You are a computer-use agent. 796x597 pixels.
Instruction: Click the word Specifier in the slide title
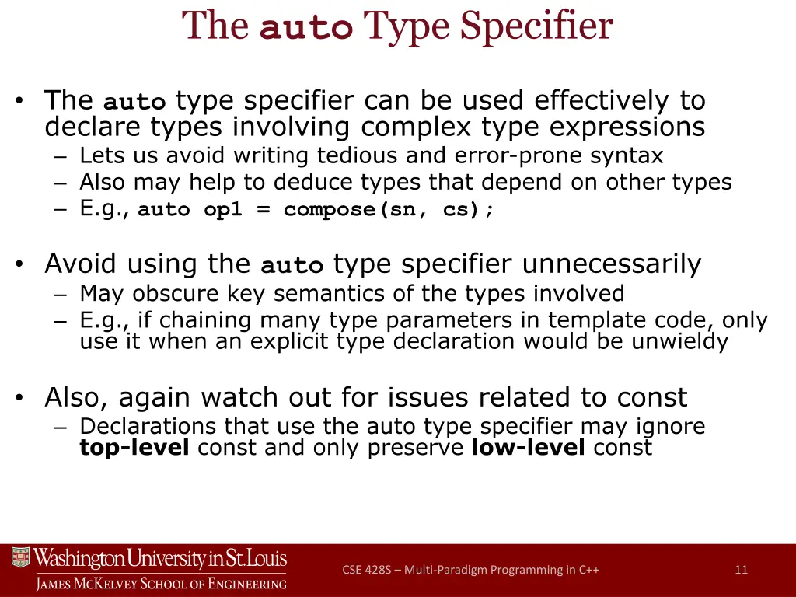(536, 26)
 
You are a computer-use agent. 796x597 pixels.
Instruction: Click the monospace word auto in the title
(305, 28)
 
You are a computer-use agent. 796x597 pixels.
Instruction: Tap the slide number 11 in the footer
(741, 570)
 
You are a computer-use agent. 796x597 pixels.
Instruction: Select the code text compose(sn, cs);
(389, 210)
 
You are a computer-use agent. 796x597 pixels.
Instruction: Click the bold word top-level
(134, 448)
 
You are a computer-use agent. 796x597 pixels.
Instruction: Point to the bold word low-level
(528, 448)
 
